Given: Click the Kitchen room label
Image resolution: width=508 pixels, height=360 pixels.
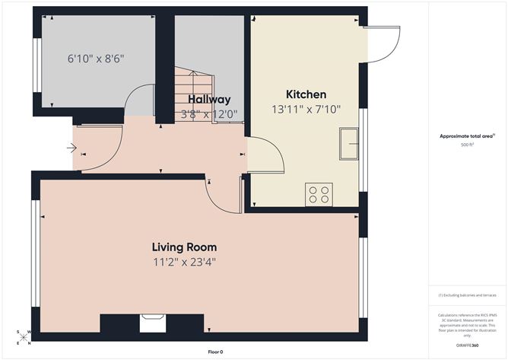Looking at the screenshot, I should coord(306,94).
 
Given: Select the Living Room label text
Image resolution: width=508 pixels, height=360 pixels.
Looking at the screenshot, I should coord(184,247).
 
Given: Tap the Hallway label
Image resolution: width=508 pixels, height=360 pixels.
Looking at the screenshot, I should coord(209,100).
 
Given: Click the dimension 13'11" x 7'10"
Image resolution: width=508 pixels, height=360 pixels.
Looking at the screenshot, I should coord(306,110).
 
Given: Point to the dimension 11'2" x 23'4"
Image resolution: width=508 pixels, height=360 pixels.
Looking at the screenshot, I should coord(184,262).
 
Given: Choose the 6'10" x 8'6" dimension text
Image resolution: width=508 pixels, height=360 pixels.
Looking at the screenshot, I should coord(96,58).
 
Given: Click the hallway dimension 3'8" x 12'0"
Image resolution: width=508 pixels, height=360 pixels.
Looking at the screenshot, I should coord(209,114).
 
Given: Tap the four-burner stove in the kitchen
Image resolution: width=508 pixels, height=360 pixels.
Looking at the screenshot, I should coord(318,195).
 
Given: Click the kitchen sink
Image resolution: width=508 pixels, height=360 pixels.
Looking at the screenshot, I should coord(350,144).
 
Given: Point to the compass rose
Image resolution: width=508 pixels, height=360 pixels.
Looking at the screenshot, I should coord(24,335).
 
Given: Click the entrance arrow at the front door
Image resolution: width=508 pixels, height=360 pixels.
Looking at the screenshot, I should coord(71,148).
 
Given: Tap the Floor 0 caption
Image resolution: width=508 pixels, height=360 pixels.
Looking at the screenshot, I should coord(216,352).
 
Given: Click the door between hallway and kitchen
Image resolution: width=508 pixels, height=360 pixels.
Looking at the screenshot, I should coord(266,156).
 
